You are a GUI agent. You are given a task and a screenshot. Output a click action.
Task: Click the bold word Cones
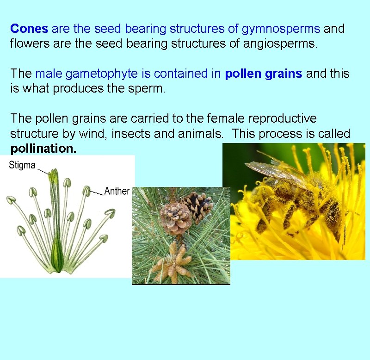(29, 29)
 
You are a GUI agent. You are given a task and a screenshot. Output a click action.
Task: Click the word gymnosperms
(280, 29)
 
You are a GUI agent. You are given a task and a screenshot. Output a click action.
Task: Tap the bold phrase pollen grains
(264, 74)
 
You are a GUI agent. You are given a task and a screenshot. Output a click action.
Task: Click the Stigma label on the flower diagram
(22, 165)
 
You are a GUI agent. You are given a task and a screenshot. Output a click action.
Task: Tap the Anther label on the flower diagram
(117, 191)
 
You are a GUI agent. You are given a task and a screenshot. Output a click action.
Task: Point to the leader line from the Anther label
(96, 191)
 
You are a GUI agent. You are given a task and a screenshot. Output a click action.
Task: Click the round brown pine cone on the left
(175, 217)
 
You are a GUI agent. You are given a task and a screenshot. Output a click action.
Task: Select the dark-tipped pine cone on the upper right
(198, 205)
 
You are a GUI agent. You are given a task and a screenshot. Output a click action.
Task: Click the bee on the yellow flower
(296, 199)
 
